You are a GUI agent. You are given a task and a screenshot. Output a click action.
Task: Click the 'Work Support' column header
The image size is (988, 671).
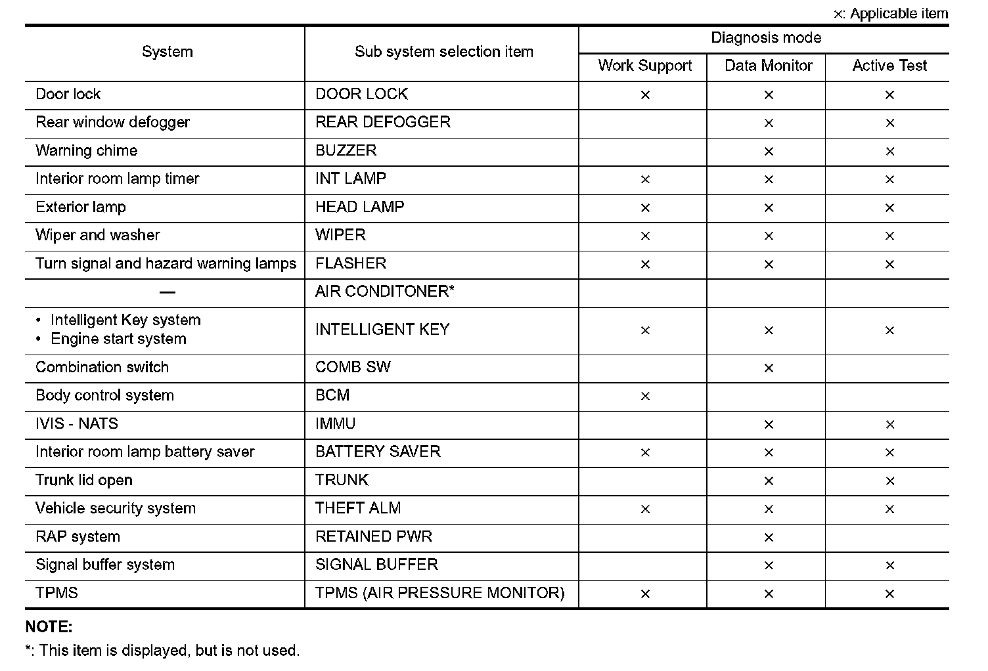point(644,66)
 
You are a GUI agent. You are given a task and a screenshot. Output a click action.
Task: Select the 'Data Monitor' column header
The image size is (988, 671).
point(768,66)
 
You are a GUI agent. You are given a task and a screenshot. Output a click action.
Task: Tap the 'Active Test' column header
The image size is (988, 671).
point(889,66)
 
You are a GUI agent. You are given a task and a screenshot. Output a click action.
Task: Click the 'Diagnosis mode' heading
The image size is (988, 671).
point(765,38)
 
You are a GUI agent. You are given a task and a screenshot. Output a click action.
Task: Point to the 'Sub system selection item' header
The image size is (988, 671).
point(443,52)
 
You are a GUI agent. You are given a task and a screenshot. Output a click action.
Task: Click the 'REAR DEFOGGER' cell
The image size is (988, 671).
point(383,122)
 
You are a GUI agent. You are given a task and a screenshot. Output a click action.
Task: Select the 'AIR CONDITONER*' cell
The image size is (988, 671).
point(384,292)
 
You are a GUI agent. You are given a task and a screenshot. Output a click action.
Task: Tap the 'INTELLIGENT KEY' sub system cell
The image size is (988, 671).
point(382,330)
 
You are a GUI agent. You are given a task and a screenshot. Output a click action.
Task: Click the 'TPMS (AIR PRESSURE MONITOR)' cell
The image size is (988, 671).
point(439,593)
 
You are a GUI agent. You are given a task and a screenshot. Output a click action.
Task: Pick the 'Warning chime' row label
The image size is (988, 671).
point(87,150)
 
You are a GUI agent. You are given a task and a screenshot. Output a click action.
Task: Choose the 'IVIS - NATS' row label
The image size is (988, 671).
point(77,423)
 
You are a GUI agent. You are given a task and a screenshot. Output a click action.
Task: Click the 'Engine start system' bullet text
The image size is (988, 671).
point(118,339)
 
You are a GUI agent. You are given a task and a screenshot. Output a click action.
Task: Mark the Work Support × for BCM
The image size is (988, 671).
point(644,396)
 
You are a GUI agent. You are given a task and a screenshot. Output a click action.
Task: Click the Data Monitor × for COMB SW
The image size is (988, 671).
point(768,368)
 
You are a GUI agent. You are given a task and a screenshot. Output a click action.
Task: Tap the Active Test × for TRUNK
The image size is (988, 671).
point(889,481)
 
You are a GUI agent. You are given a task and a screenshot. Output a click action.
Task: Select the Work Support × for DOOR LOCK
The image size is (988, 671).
point(644,95)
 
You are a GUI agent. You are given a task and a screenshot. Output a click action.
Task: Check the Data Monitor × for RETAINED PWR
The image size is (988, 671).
point(768,538)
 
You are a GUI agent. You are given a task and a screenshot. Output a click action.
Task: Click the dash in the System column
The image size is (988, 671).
point(168,292)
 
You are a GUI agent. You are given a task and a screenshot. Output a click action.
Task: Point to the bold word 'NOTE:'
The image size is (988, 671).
point(49,627)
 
